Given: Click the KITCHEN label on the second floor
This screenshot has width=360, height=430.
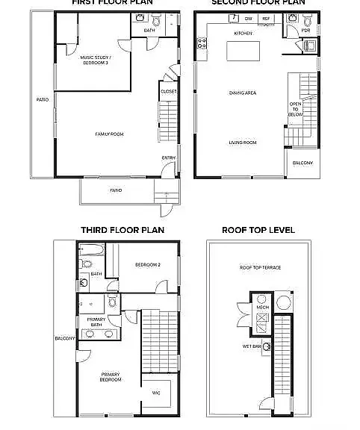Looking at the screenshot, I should click(x=243, y=34).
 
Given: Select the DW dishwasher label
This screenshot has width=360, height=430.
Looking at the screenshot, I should click(x=248, y=18).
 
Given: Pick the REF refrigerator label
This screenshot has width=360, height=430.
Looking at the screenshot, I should click(x=266, y=18).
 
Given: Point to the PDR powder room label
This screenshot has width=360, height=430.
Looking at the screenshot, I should click(x=305, y=31).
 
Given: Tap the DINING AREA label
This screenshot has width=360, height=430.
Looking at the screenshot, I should click(x=243, y=93).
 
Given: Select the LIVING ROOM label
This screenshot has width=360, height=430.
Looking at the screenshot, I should click(x=243, y=142).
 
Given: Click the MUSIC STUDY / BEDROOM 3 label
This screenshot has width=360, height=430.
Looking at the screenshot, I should click(x=96, y=60).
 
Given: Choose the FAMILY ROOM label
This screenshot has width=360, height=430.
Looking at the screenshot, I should click(x=109, y=134).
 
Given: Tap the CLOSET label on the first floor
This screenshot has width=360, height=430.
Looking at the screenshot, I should click(x=169, y=91).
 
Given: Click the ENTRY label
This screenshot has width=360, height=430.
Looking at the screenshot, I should click(x=169, y=158).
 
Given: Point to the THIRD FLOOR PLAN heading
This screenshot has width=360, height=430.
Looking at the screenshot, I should click(x=122, y=230).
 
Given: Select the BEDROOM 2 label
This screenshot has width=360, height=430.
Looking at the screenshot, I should click(x=148, y=265).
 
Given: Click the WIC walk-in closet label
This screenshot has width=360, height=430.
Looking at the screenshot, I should click(x=156, y=392).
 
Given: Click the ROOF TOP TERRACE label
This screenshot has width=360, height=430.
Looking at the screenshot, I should click(x=260, y=267).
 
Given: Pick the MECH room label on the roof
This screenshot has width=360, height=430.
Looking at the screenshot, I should click(x=262, y=307).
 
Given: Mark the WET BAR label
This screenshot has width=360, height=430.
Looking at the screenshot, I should click(x=251, y=346).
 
